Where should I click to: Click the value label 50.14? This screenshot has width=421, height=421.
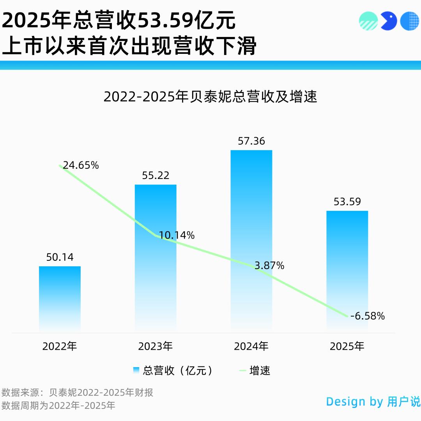coord(60,257)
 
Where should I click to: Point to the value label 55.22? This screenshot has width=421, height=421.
coord(156,175)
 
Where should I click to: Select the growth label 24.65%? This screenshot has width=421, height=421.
coord(81,165)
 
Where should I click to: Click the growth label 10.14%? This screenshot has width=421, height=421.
coord(177,235)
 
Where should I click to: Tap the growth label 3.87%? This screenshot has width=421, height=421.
coord(269,266)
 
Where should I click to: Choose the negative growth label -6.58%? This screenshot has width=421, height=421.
coord(367,316)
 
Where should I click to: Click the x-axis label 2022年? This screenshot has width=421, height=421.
coord(60,346)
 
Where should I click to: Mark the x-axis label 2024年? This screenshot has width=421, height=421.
coord(251,346)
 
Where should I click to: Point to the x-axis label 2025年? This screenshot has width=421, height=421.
coord(347,346)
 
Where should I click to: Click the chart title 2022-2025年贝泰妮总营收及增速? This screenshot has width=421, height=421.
coord(210,96)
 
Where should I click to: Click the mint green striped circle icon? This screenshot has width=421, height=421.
coord(368,21)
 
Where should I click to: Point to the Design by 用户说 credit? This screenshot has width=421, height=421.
coord(373,402)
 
